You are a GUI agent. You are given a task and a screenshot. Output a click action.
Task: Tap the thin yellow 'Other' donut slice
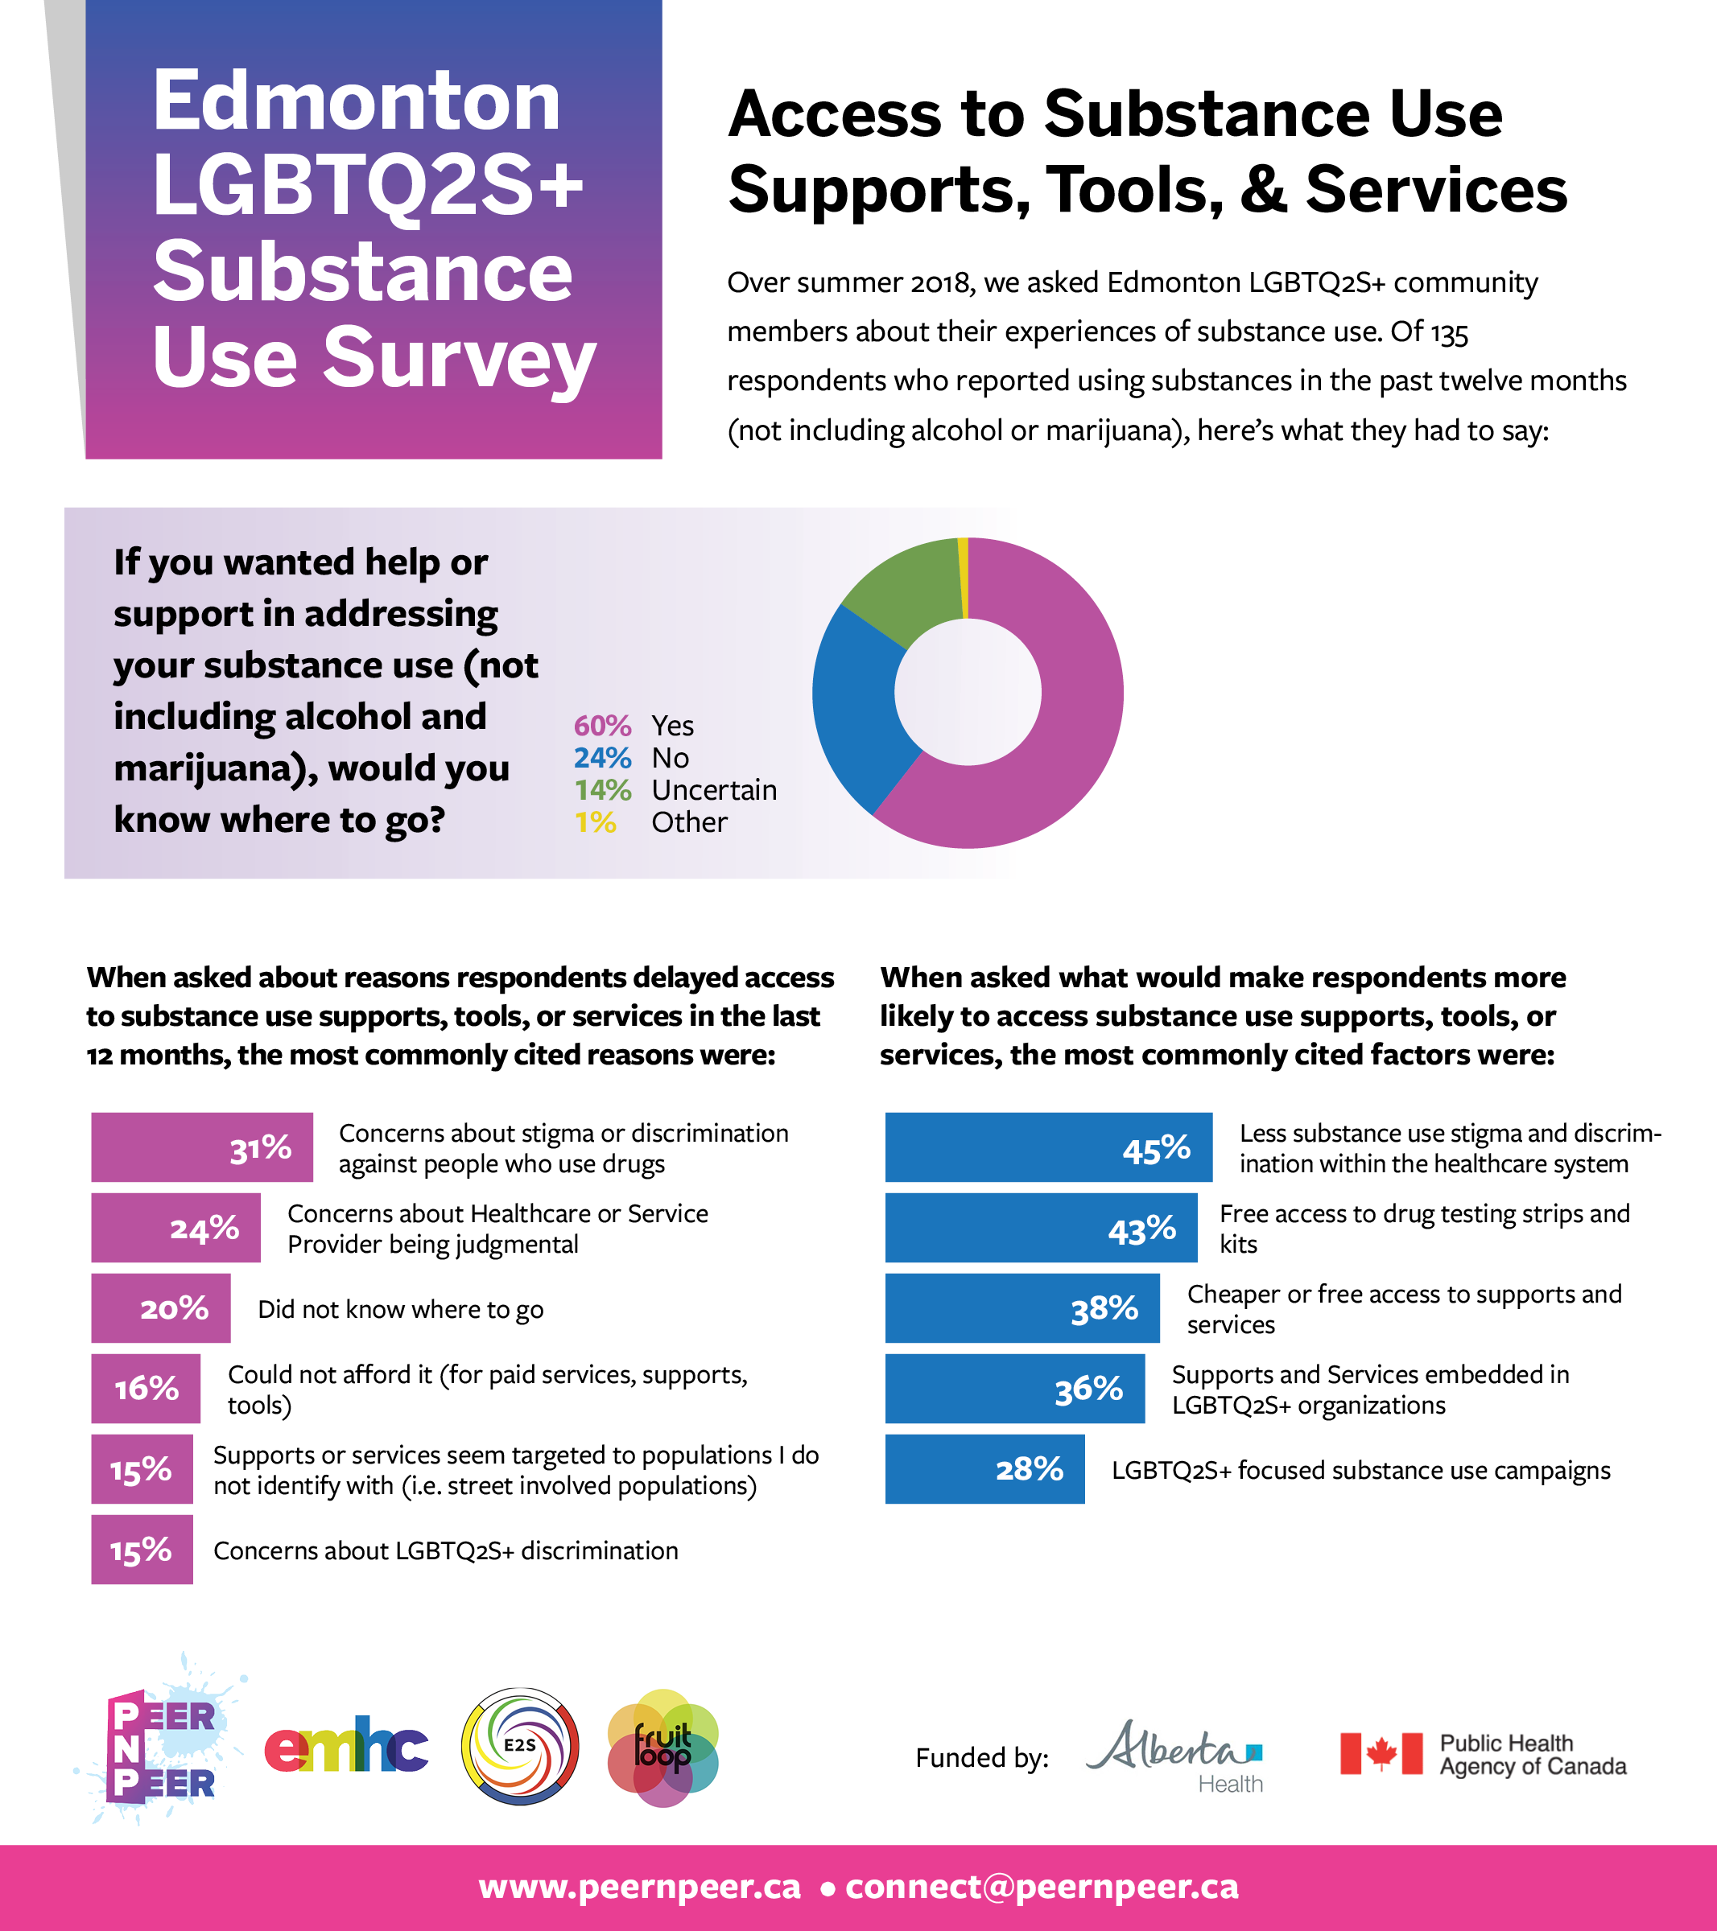[x=963, y=576]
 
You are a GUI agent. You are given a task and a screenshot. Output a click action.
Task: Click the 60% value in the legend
[x=602, y=726]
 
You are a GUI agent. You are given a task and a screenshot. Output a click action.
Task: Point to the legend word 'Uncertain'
[x=713, y=790]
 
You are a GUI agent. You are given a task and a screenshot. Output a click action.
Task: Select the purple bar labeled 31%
[x=201, y=1147]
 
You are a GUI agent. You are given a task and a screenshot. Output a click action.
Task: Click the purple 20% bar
[x=161, y=1307]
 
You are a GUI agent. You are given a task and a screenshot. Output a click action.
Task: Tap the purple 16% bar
[x=146, y=1388]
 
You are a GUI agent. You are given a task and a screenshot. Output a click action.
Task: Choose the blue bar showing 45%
[x=1048, y=1147]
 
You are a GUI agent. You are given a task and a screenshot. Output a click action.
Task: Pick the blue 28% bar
[x=984, y=1469]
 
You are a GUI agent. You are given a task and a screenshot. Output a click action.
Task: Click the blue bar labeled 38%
[x=1022, y=1307]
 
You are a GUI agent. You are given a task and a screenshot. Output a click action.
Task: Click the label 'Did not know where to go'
[x=401, y=1309]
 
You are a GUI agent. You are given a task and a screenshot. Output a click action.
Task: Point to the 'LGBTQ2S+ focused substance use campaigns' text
[x=1360, y=1470]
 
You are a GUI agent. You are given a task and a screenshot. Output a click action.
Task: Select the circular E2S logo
[x=520, y=1746]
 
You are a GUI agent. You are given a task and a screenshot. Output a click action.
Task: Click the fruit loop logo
[x=663, y=1748]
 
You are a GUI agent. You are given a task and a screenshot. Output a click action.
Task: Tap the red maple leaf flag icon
[x=1381, y=1753]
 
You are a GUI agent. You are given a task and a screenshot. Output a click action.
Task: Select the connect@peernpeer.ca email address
[x=1042, y=1887]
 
